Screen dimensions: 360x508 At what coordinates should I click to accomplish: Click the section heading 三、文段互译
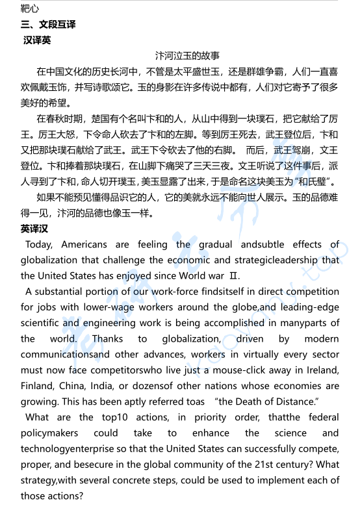pyautogui.click(x=48, y=25)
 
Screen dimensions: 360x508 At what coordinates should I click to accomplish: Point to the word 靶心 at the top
pyautogui.click(x=30, y=8)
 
